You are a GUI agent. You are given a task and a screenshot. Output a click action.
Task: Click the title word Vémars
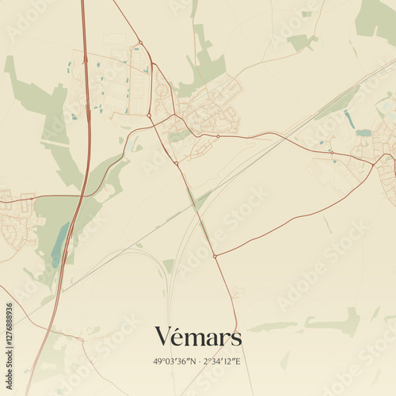pyautogui.click(x=198, y=337)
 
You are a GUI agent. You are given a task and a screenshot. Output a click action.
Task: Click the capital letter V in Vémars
pyautogui.click(x=162, y=337)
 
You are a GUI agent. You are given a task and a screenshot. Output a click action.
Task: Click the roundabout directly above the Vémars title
pyautogui.click(x=215, y=256)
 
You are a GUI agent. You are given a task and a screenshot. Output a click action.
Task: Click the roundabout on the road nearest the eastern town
pyautogui.click(x=372, y=165)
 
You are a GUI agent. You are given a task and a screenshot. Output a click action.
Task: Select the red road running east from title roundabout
pyautogui.click(x=293, y=222)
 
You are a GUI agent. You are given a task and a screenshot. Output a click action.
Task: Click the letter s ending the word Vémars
pyautogui.click(x=235, y=339)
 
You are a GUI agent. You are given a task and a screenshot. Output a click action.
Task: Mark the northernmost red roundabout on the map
pyautogui.click(x=140, y=43)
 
